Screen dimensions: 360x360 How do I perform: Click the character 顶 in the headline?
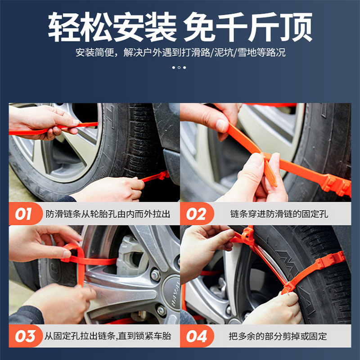point(297,27)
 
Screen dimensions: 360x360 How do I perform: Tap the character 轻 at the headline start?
point(63,27)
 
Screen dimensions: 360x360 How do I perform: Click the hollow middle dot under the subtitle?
point(179,67)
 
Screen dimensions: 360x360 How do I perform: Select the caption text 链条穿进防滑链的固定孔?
point(279,214)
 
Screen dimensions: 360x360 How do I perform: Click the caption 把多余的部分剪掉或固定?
point(278,336)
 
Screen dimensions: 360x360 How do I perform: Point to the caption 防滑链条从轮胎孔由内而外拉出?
point(108,214)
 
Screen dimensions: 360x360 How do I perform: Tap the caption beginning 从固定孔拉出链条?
point(108,336)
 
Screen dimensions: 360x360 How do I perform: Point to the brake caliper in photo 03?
point(129,255)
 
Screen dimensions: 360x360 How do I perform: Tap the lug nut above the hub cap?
point(155,275)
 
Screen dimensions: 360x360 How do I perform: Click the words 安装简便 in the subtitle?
point(94,53)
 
